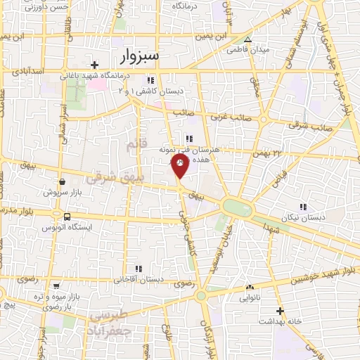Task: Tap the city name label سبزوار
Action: point(136,55)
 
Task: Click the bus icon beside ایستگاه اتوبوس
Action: point(67,217)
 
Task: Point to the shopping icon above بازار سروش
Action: point(63,181)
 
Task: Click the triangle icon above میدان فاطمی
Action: point(247,39)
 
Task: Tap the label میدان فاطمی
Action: point(243,51)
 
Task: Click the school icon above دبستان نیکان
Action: point(303,207)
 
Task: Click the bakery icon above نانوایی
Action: point(250,287)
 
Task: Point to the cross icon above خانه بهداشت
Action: point(280,310)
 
